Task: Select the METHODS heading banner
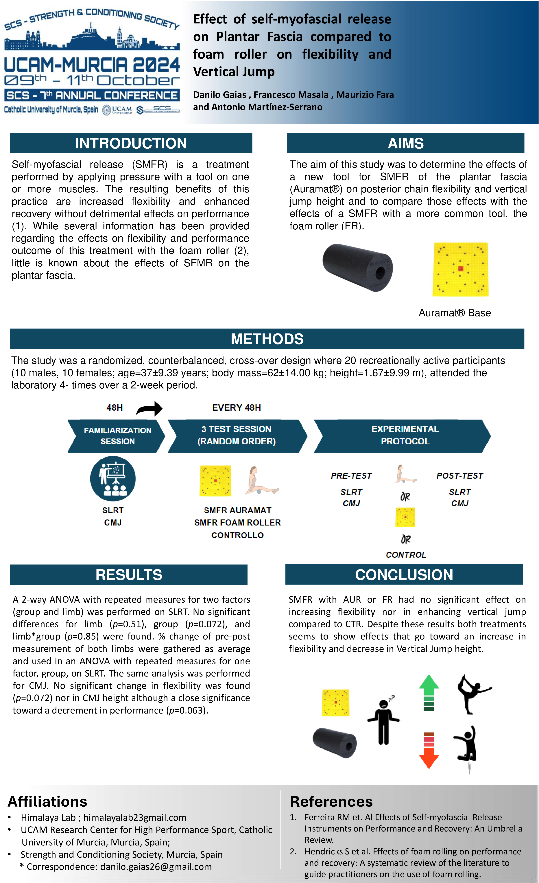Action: [267, 339]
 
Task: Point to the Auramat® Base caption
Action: [454, 313]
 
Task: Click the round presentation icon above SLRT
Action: [113, 478]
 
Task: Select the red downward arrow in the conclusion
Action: [429, 750]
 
